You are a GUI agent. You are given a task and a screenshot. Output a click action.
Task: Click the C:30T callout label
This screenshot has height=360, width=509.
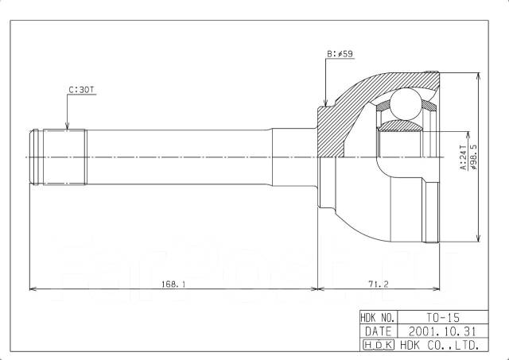coord(81,90)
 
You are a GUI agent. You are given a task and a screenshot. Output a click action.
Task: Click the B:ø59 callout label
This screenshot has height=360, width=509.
coord(340,54)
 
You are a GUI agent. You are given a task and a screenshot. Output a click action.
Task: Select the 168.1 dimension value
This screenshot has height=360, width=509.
coord(173,285)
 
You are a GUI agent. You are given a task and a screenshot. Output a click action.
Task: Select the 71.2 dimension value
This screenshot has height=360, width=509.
coord(379,285)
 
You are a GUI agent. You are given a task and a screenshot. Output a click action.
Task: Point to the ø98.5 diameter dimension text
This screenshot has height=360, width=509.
coord(474,157)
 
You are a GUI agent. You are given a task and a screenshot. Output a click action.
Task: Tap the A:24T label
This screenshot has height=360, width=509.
coord(463,157)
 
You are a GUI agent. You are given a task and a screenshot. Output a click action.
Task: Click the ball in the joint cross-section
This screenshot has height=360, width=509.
coord(405,104)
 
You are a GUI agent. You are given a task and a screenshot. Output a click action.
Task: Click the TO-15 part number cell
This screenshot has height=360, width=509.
coord(443,317)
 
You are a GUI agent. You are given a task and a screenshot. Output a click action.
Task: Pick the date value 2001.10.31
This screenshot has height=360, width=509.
coord(443,331)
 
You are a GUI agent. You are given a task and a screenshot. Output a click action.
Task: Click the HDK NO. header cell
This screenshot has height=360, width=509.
coord(379,317)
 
